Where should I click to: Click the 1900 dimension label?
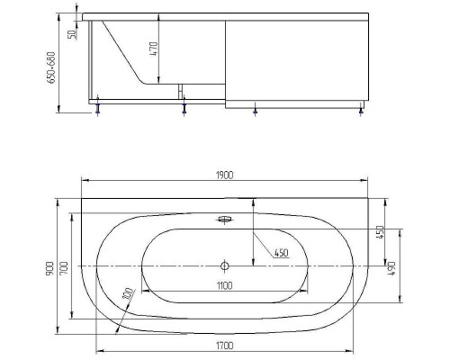(x=224, y=175)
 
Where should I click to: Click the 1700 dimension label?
(x=224, y=346)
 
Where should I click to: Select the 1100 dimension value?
(x=224, y=285)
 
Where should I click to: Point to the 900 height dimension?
(x=49, y=268)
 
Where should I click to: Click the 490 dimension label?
(x=391, y=268)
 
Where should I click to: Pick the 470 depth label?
(x=153, y=49)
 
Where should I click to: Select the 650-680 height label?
(x=51, y=67)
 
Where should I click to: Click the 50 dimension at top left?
(x=73, y=34)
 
